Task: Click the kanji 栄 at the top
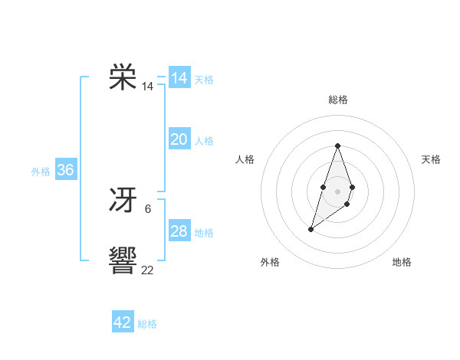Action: [x=123, y=77]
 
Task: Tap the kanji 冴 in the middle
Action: [x=123, y=201]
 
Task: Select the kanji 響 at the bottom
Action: [x=123, y=261]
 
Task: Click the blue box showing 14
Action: [x=179, y=78]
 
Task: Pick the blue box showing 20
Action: [x=179, y=139]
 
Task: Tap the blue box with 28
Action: [x=179, y=231]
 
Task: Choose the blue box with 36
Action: [x=66, y=170]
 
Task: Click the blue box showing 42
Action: [x=123, y=322]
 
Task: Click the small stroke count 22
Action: [x=147, y=270]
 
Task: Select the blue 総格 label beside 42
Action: [x=147, y=324]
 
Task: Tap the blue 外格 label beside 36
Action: [x=41, y=172]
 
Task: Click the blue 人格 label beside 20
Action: [x=204, y=141]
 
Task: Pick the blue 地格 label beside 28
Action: [x=204, y=233]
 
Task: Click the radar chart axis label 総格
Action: [x=338, y=100]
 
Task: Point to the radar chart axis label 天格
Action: [x=432, y=159]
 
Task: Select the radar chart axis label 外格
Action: [x=270, y=263]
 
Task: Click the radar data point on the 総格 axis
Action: [x=338, y=146]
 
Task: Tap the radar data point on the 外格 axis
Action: [x=311, y=228]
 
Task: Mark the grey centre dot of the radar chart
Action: [x=338, y=191]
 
